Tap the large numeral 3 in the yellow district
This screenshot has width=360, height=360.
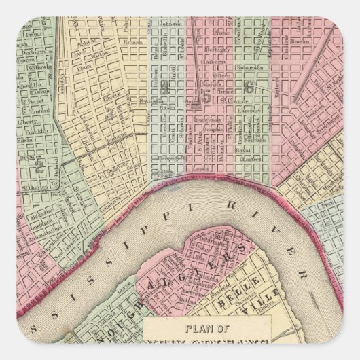point(109,114)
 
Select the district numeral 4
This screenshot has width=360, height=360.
point(164,86)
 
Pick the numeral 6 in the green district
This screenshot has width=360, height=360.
point(249,86)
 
